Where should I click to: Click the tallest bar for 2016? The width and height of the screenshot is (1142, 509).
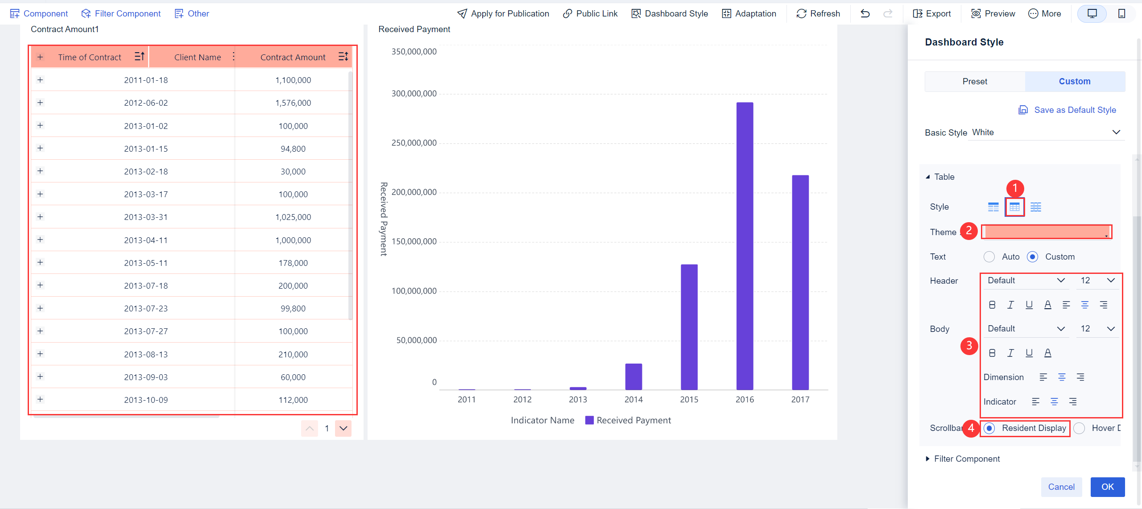[x=745, y=245]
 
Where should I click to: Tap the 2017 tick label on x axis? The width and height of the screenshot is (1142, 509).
[x=800, y=400]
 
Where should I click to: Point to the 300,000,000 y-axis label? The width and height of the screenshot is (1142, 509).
[x=414, y=94]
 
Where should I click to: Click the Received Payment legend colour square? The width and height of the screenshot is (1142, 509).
[x=589, y=420]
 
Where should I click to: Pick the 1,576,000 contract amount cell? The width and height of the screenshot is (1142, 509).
[x=293, y=103]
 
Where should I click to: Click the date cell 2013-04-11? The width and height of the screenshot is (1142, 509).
[x=146, y=240]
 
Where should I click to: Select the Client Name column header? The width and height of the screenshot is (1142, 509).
[x=197, y=57]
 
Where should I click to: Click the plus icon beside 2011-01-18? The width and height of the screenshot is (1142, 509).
[x=40, y=80]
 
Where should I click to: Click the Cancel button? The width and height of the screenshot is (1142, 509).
[x=1061, y=487]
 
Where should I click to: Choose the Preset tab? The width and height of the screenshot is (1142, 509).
[x=975, y=82]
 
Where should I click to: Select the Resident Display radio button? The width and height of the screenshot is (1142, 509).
[x=989, y=428]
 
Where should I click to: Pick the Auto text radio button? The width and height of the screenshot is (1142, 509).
[x=989, y=257]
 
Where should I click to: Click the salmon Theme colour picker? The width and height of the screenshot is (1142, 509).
[x=1046, y=232]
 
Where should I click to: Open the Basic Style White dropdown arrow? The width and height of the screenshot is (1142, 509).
[x=1116, y=132]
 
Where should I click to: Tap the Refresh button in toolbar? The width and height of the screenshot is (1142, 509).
[x=818, y=14]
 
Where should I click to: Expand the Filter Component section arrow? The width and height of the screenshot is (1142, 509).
[x=928, y=459]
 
